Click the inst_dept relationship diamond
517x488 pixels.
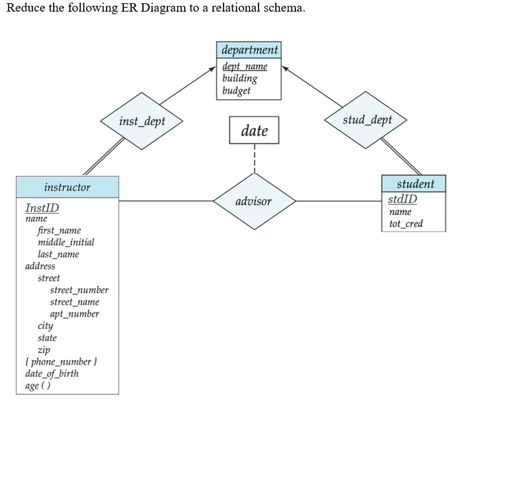coord(142,121)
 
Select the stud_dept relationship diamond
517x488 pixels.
coord(367,120)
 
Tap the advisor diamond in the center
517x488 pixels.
coord(253,201)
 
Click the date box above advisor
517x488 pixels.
coord(254,130)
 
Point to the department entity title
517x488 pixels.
coord(249,50)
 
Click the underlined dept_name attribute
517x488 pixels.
coord(244,66)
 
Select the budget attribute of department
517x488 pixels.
coord(236,90)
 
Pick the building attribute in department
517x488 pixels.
coord(239,78)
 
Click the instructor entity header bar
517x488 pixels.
coord(67,187)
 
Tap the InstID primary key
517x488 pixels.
coord(42,208)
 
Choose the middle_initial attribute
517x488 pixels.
coord(66,242)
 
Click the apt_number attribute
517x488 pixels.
coord(74,314)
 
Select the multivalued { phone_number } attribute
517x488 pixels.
coord(60,361)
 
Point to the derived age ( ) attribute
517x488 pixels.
coord(37,385)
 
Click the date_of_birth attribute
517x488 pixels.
coord(52,373)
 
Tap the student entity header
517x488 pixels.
coord(414,183)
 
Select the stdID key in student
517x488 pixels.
coord(403,199)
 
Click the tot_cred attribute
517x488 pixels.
coord(406,223)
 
